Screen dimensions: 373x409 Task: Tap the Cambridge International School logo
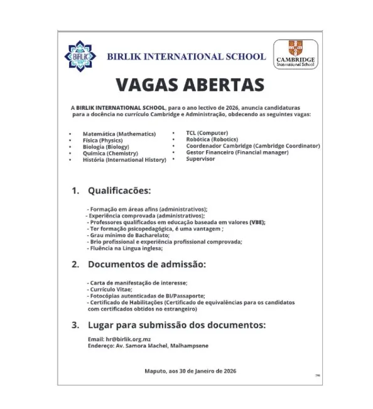pyautogui.click(x=296, y=55)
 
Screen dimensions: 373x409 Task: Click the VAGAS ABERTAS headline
pyautogui.click(x=190, y=84)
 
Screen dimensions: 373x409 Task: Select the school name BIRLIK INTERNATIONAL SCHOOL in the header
pyautogui.click(x=186, y=56)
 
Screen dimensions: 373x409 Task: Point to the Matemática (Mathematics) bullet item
pyautogui.click(x=119, y=134)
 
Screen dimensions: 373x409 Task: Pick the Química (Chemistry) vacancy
pyautogui.click(x=110, y=153)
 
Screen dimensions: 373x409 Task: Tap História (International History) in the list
pyautogui.click(x=124, y=160)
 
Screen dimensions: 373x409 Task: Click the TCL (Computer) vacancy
pyautogui.click(x=207, y=133)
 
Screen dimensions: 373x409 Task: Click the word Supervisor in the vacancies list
pyautogui.click(x=200, y=159)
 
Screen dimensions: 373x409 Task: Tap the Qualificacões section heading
pyautogui.click(x=119, y=189)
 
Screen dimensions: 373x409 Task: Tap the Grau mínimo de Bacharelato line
pyautogui.click(x=125, y=235)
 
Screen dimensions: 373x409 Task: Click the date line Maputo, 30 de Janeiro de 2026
pyautogui.click(x=190, y=371)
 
